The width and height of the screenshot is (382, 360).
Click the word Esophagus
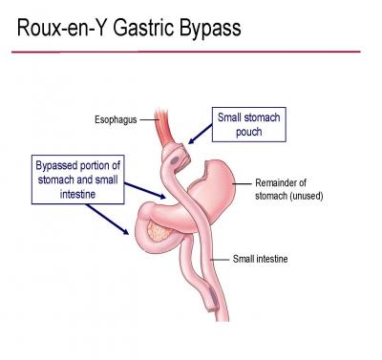(x=116, y=120)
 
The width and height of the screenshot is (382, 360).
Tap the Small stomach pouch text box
(x=248, y=125)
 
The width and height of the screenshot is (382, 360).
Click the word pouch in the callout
(x=248, y=133)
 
